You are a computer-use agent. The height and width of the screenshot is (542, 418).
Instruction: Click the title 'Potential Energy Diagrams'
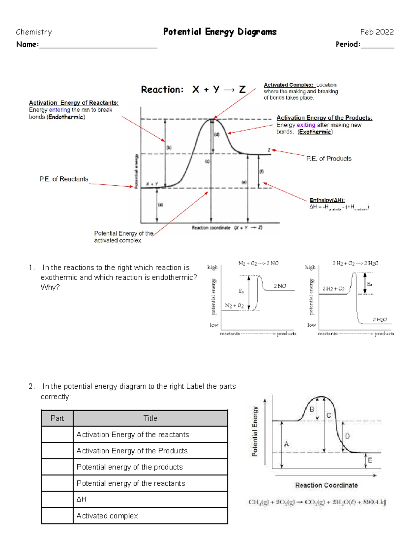point(220,32)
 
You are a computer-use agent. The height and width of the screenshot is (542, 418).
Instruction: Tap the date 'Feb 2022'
point(377,32)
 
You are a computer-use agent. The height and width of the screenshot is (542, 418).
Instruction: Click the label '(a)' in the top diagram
point(160,205)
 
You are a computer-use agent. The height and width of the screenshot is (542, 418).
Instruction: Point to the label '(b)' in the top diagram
point(169,148)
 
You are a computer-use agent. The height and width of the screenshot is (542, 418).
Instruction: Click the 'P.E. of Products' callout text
point(328,158)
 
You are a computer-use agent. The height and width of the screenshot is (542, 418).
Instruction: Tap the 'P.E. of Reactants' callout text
point(64,179)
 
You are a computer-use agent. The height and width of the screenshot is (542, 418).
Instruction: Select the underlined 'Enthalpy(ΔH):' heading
point(327,200)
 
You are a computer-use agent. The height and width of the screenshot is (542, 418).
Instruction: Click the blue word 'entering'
point(59,110)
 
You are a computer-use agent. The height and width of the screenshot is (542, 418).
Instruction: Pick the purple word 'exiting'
point(306,125)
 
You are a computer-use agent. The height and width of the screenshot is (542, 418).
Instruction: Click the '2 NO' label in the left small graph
point(279,286)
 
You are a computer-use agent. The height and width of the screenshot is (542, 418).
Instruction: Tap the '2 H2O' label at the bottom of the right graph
point(379,319)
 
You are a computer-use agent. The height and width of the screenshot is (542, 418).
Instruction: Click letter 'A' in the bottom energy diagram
point(286,444)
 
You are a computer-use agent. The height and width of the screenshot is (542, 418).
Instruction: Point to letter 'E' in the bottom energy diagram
point(370,460)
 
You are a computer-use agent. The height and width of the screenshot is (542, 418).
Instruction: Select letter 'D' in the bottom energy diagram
point(347,436)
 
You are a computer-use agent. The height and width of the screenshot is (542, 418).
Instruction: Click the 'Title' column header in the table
point(150,418)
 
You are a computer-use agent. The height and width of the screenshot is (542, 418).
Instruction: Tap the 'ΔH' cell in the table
point(81,499)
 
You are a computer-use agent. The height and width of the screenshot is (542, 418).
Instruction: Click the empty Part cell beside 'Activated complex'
point(57,515)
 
